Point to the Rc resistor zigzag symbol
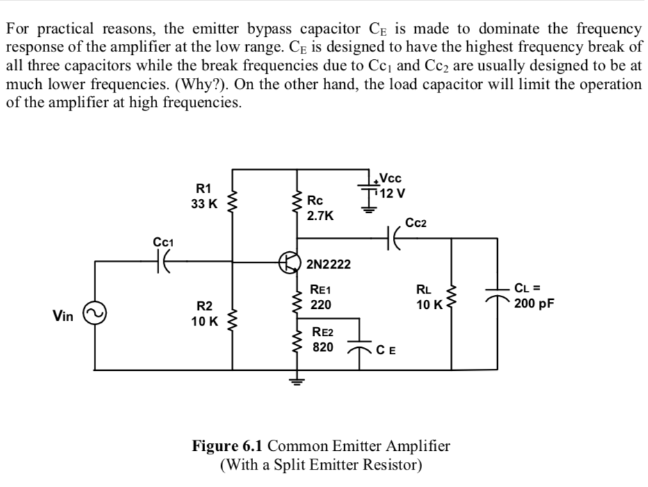click(299, 207)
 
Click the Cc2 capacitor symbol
click(394, 238)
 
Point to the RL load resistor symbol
click(453, 297)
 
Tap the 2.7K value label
click(320, 216)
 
